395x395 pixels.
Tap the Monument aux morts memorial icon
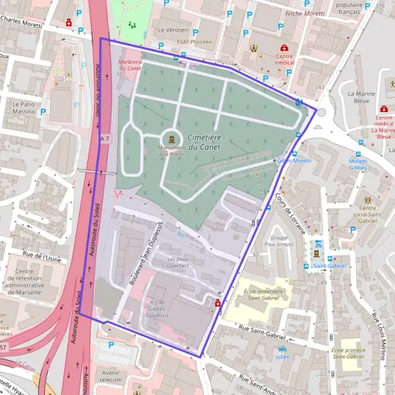(x=172, y=138)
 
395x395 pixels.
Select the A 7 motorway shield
(x=105, y=139)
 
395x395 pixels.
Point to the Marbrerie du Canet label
(x=130, y=64)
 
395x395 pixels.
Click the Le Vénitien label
(x=173, y=30)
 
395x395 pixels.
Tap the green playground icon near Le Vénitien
(x=132, y=26)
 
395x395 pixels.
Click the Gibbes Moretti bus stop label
(x=294, y=161)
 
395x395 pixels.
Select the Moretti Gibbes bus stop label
(x=358, y=164)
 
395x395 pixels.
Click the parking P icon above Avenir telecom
(x=111, y=344)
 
